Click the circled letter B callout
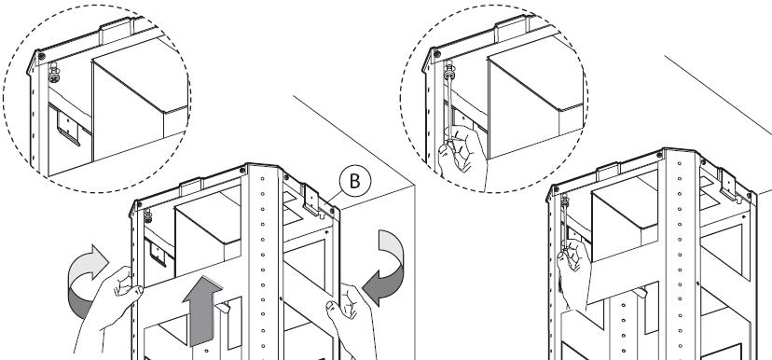pyautogui.click(x=354, y=181)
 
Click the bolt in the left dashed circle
pyautogui.click(x=54, y=73)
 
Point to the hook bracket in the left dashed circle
pyautogui.click(x=68, y=127)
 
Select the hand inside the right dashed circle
pyautogui.click(x=462, y=157)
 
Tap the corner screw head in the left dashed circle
pyautogui.click(x=42, y=56)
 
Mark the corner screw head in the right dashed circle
pyautogui.click(x=437, y=54)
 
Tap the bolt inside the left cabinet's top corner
pyautogui.click(x=147, y=215)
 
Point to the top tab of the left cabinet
pyautogui.click(x=191, y=187)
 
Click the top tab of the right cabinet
pyautogui.click(x=608, y=172)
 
